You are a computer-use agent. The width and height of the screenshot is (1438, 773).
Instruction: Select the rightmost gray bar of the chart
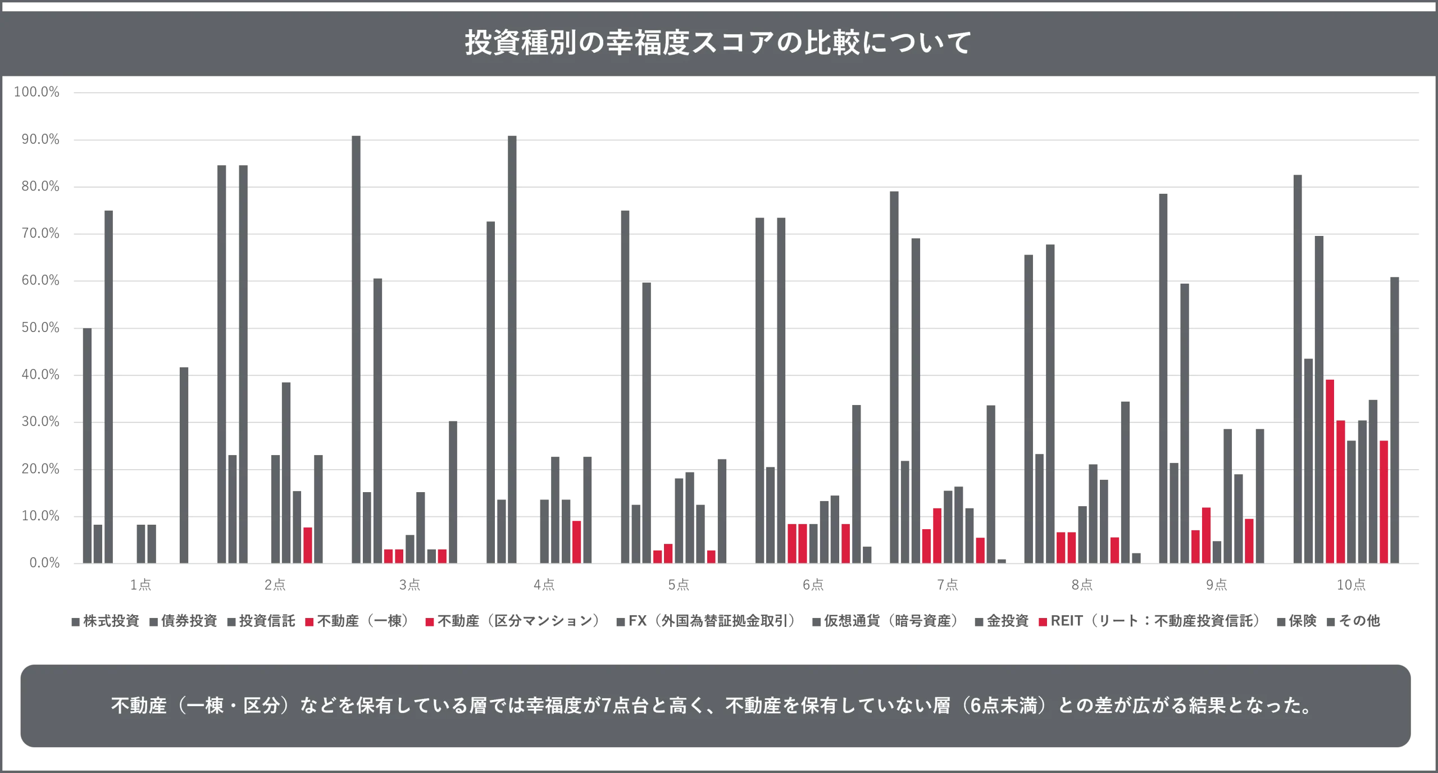1395,419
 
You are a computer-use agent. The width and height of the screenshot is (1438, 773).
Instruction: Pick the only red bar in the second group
307,545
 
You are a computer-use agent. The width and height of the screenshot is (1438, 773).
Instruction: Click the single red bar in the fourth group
576,542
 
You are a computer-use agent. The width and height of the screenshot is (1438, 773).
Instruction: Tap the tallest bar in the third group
357,348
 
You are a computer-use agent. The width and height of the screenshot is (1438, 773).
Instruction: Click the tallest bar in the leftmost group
110,385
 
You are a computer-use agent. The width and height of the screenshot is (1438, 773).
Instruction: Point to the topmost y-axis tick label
37,93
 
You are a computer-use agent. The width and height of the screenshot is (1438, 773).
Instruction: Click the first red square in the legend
308,622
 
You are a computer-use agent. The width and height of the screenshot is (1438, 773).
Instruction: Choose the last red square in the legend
1043,622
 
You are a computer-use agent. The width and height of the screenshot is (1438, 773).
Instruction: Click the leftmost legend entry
104,622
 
